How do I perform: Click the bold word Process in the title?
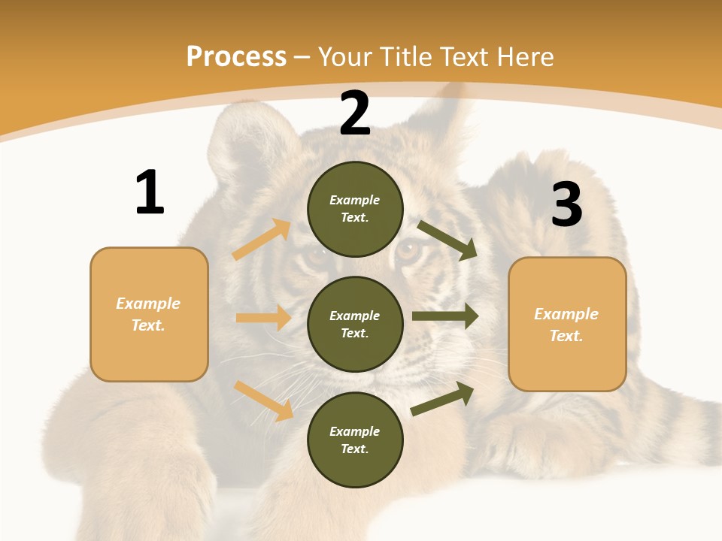click(x=236, y=57)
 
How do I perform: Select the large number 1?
click(x=150, y=193)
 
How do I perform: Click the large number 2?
click(x=355, y=113)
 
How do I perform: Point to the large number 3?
click(x=566, y=204)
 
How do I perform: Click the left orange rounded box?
click(x=149, y=314)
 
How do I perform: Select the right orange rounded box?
click(x=567, y=325)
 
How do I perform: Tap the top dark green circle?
click(x=355, y=209)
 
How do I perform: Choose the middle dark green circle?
click(x=355, y=324)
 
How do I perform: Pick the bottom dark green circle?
click(x=355, y=440)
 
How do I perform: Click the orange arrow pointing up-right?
click(x=262, y=240)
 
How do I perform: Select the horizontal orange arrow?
click(x=263, y=318)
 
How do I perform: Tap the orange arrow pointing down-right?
click(x=264, y=400)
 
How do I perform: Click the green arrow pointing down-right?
click(x=448, y=240)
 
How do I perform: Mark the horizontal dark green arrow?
click(x=445, y=316)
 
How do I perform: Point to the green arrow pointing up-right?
click(x=443, y=398)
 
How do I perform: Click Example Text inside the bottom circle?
click(x=355, y=440)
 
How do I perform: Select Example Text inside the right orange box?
click(x=566, y=325)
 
